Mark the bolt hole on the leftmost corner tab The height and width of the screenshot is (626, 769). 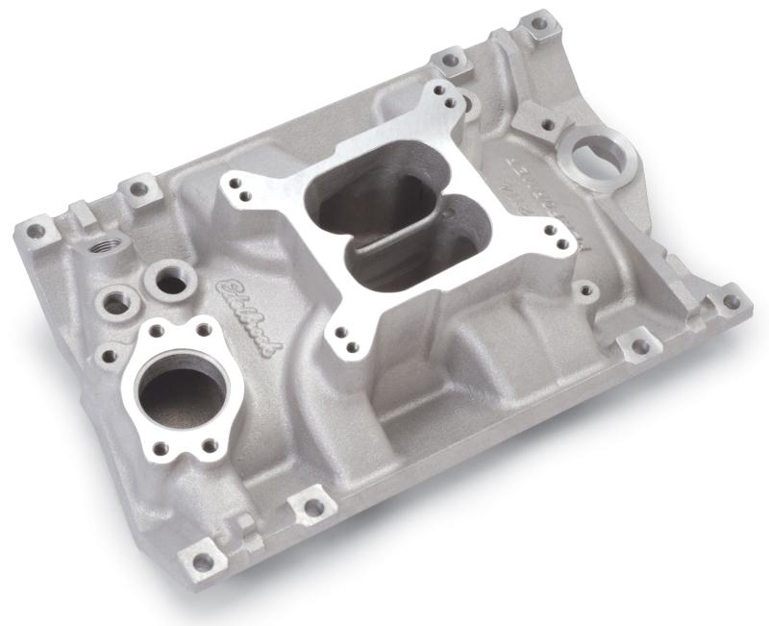point(37,231)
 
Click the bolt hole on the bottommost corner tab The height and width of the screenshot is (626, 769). point(203,561)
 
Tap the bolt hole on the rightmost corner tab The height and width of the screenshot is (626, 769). point(731,301)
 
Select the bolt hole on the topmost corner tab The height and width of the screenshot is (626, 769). point(539,20)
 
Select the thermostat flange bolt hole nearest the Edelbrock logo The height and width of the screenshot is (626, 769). point(206,330)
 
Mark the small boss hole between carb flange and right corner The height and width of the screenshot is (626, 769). point(584,288)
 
